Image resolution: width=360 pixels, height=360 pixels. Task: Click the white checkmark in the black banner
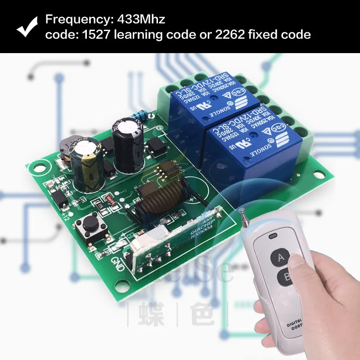pyautogui.click(x=28, y=27)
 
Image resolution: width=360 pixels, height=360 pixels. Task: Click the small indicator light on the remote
pyautogui.click(x=271, y=235)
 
